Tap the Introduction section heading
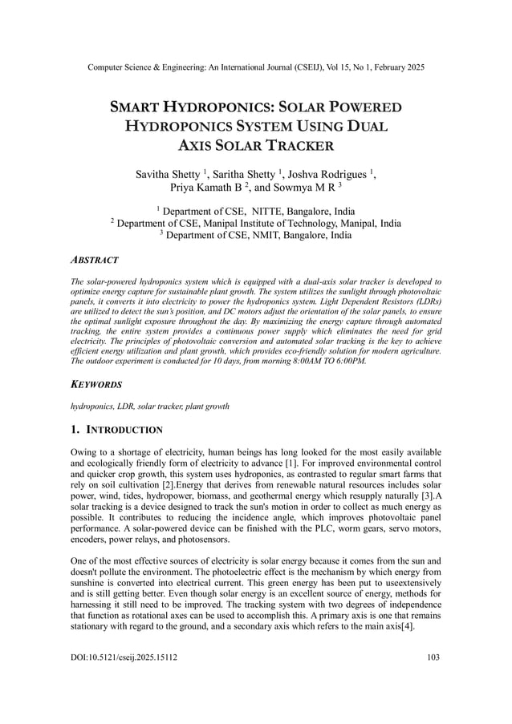[124, 430]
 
